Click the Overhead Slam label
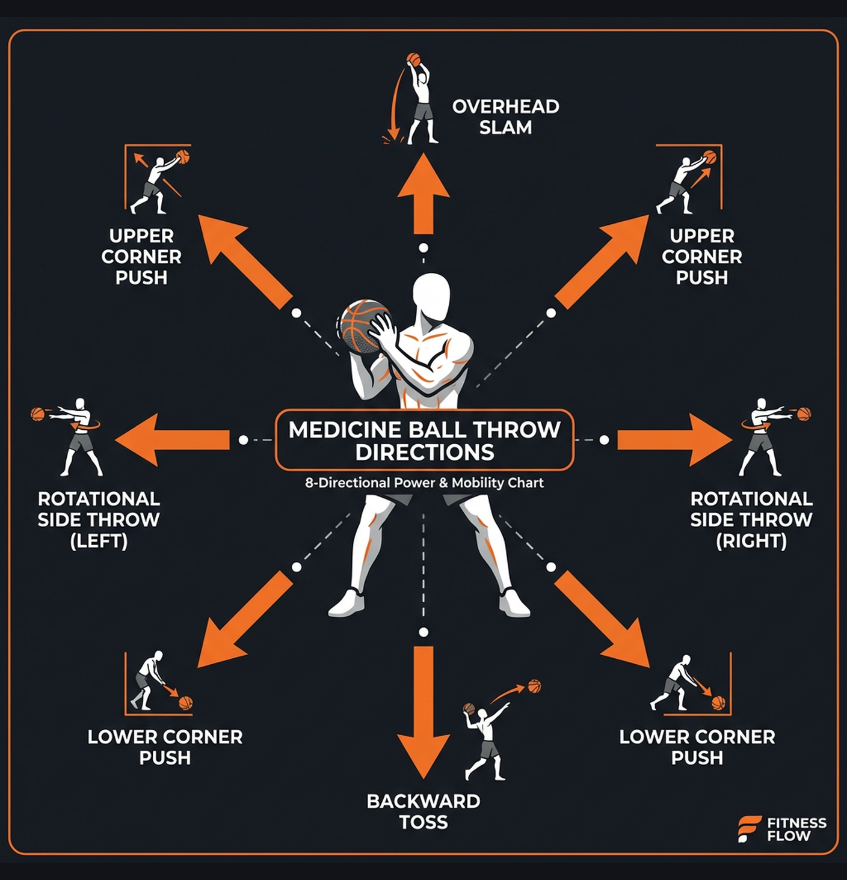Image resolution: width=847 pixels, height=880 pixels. click(505, 117)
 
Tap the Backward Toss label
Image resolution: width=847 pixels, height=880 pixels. click(423, 811)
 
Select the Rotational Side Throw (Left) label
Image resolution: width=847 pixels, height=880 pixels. click(99, 520)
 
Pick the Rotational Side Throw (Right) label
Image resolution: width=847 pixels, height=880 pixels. click(751, 520)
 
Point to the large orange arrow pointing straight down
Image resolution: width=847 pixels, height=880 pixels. click(423, 709)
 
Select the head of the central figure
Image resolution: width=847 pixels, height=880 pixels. click(431, 298)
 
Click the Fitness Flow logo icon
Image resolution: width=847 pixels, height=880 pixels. click(749, 829)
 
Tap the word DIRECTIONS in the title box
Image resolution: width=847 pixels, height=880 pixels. click(425, 453)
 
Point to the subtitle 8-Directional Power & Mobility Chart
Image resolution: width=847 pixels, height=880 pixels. click(424, 483)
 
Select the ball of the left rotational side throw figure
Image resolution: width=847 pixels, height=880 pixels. click(38, 414)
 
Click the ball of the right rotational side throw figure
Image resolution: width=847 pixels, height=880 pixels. click(804, 414)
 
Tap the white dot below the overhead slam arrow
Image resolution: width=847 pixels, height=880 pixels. click(423, 248)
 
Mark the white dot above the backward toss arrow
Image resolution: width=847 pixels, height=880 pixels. click(423, 632)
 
